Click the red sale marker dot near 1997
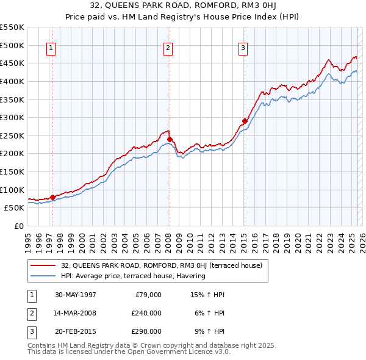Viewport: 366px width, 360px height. (x=53, y=197)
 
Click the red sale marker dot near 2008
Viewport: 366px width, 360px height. (x=170, y=139)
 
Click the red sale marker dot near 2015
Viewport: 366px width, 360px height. (x=245, y=121)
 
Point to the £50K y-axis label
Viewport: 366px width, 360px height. (x=13, y=208)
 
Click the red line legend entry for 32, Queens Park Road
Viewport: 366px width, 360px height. (x=162, y=265)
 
